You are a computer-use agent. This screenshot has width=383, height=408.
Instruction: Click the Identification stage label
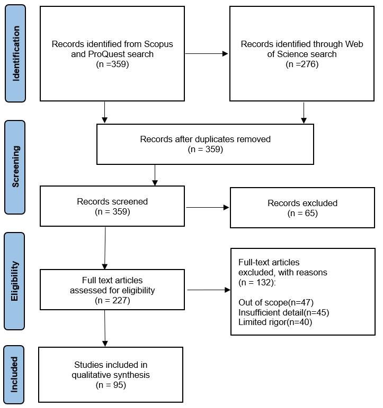(16, 53)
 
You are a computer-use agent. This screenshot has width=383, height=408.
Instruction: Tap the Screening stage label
(15, 166)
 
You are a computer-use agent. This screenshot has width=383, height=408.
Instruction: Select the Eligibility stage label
(15, 281)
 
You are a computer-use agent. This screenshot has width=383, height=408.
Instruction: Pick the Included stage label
(14, 374)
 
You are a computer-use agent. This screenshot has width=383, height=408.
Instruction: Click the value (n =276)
(302, 64)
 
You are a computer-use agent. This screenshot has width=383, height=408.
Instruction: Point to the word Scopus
(158, 44)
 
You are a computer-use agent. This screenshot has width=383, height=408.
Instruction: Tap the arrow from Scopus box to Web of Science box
(207, 53)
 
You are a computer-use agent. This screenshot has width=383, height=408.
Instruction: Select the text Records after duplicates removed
(205, 139)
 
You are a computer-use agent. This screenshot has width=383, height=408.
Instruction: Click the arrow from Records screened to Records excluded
(208, 207)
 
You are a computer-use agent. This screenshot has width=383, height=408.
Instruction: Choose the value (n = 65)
(302, 214)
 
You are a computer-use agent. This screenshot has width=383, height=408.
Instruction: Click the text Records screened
(112, 201)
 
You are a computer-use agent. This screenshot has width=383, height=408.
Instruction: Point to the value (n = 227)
(112, 301)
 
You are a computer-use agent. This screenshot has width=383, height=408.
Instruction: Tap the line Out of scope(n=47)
(276, 302)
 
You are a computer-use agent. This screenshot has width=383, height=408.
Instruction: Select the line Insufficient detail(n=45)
(283, 312)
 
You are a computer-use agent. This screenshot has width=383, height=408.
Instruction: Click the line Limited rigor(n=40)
(275, 322)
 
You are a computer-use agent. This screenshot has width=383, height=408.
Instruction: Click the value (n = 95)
(111, 385)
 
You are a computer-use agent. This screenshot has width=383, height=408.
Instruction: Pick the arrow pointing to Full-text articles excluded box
(209, 290)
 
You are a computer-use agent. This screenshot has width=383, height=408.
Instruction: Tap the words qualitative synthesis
(111, 375)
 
